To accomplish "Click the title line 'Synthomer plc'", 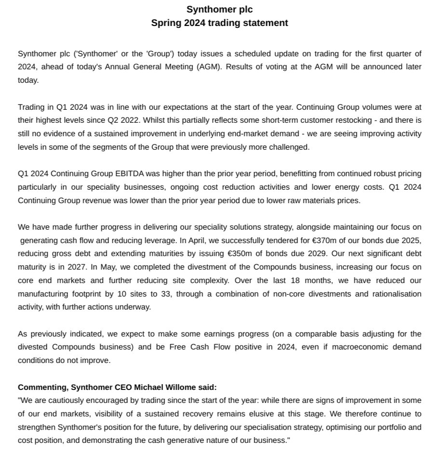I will point(219,10).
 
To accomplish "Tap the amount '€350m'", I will point(239,254).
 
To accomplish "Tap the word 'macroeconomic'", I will point(364,347).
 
